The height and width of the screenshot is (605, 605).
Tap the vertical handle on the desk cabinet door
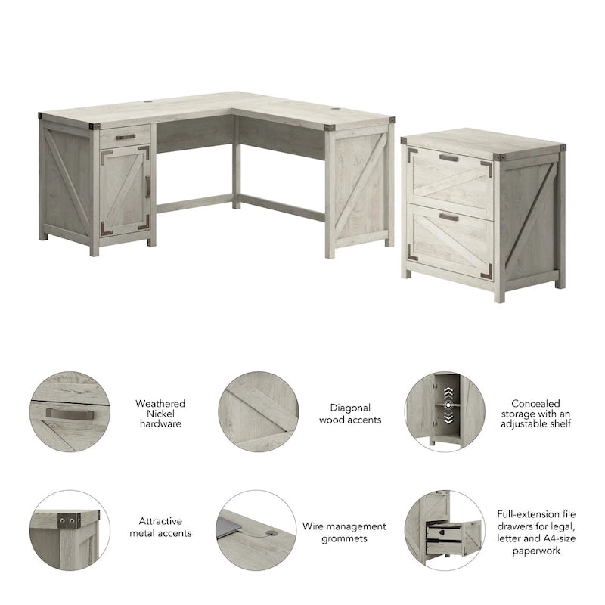click(x=147, y=186)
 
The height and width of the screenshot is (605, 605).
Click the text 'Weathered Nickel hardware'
click(x=160, y=414)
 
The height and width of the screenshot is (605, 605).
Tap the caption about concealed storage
click(x=535, y=414)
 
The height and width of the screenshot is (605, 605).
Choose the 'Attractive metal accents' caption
click(x=165, y=527)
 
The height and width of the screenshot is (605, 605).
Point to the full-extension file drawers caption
click(x=535, y=532)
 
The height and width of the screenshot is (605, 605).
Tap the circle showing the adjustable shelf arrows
click(x=444, y=412)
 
